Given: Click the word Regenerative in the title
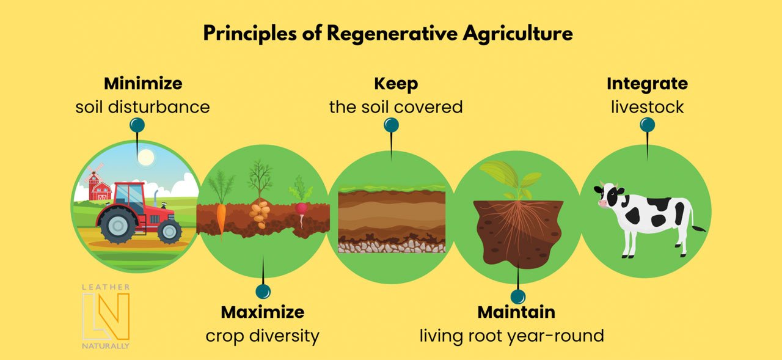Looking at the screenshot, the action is coord(392,34).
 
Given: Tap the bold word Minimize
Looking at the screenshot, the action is coord(143,84).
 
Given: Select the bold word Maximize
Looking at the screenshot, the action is coord(263,312).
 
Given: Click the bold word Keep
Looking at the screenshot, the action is coord(396,84).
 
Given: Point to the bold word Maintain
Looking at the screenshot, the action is coord(516,312).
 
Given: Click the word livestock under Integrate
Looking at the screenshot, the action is coord(647,107).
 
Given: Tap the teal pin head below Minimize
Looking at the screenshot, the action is coord(137,125).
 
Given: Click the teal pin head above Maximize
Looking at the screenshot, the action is coord(263,291).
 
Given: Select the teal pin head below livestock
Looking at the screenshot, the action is coord(647,125).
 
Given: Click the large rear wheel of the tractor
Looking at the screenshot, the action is coord(117,225).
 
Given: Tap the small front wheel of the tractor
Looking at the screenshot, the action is coord(170,231).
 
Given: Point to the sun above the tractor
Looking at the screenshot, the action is coord(145,158).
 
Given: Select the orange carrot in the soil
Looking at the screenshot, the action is coord(221,219).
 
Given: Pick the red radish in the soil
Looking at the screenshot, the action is coord(301,211).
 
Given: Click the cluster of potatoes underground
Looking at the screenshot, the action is coord(260,213).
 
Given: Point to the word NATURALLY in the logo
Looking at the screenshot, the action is coord(106,346).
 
